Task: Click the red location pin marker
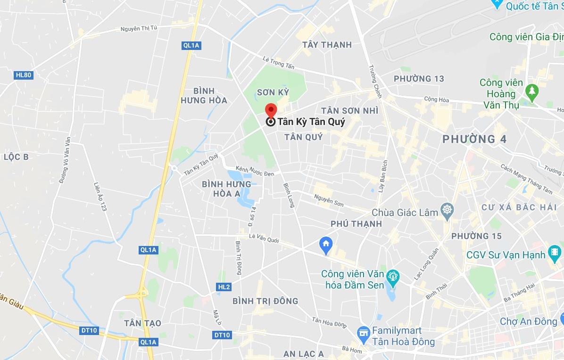tap(271, 109)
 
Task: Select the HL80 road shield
tap(23, 75)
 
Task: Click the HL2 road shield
tap(224, 287)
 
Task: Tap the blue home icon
tap(326, 244)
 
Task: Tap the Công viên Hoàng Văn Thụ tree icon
tap(532, 90)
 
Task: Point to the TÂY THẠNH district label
tap(327, 45)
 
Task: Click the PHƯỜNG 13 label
tap(419, 79)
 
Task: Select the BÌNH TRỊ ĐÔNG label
tap(265, 301)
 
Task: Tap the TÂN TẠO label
tap(142, 323)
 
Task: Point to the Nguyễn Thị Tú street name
tap(139, 29)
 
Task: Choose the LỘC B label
tap(16, 157)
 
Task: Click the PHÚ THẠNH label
tap(356, 224)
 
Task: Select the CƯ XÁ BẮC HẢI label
tap(519, 207)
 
